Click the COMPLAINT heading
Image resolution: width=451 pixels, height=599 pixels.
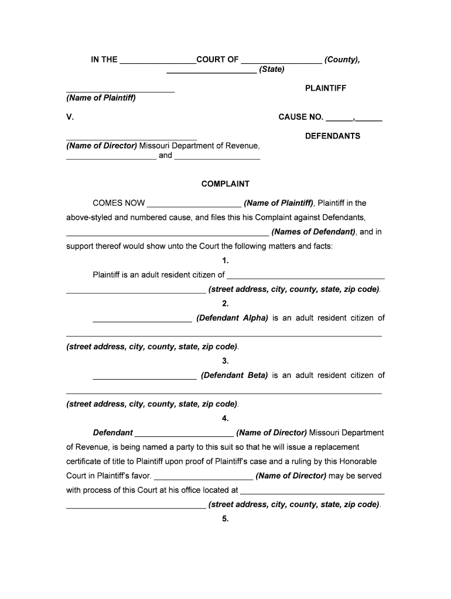click(225, 184)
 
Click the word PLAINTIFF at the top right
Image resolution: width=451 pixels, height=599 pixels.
click(326, 88)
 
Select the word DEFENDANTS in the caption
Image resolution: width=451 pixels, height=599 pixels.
click(333, 136)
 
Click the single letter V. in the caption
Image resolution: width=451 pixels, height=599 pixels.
click(70, 117)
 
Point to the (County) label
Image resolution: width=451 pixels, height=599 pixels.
click(342, 60)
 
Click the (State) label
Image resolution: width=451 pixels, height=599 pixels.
click(272, 70)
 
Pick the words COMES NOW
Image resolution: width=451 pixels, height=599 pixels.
click(119, 204)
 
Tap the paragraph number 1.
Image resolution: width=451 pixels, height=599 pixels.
click(225, 261)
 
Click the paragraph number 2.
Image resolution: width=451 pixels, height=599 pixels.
click(225, 304)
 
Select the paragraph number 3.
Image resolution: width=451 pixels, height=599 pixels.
click(225, 361)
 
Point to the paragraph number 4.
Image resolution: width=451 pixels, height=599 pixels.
click(225, 418)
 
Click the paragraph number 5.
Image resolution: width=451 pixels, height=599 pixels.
click(225, 519)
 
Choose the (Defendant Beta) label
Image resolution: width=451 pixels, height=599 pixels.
click(234, 376)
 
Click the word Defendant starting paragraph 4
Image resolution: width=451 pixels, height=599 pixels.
click(113, 433)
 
